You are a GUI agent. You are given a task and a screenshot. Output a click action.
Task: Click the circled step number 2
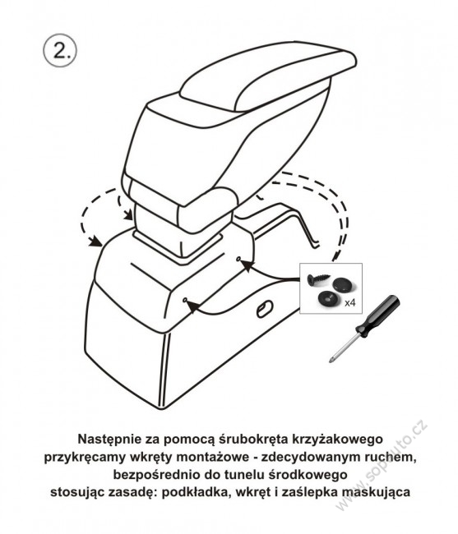click(60, 50)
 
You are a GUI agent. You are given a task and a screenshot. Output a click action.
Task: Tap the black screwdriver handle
click(378, 315)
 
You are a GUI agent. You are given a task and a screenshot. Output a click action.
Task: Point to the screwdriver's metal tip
click(331, 360)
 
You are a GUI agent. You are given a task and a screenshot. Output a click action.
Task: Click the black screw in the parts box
click(317, 279)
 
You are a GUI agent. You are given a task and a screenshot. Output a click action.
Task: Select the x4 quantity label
click(349, 302)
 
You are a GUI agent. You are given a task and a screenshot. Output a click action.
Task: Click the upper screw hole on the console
click(238, 260)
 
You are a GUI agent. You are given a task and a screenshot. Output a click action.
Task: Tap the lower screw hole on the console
click(185, 300)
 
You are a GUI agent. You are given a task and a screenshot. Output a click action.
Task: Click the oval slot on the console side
click(264, 309)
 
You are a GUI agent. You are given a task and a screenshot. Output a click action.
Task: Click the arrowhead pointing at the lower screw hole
click(193, 306)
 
